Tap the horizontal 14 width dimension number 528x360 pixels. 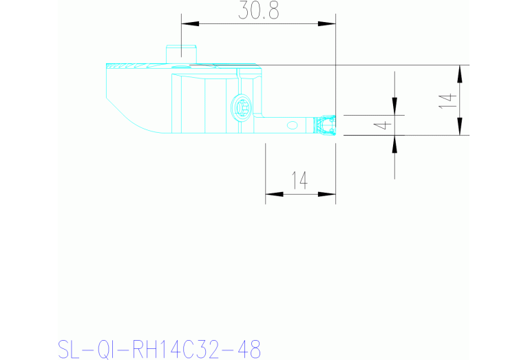coord(299,180)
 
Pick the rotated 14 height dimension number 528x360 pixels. coord(447,100)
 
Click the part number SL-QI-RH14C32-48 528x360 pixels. coord(160,348)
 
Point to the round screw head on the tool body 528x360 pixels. coord(242,107)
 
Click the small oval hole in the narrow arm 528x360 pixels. coord(292,125)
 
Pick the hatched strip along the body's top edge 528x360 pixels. coord(138,67)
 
